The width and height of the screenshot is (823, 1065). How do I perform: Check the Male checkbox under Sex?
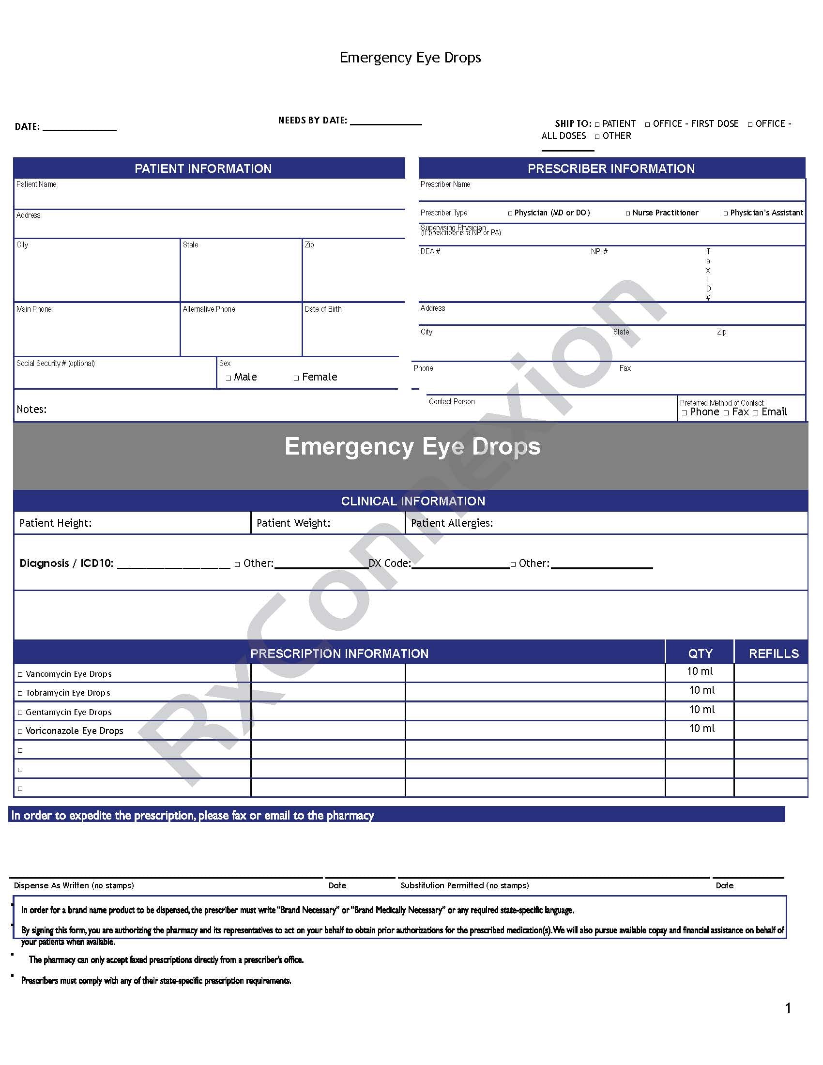228,378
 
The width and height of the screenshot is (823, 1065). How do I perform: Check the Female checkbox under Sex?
296,378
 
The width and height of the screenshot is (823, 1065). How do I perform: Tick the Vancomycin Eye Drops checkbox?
20,674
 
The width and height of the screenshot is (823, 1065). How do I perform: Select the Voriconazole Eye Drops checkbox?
20,731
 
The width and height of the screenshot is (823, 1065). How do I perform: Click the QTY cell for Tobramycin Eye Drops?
701,690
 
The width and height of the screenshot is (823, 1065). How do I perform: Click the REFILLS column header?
773,654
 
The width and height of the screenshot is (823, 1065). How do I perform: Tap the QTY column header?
700,654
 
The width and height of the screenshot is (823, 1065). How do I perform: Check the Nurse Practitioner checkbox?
628,213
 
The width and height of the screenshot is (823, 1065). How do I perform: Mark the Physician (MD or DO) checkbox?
510,213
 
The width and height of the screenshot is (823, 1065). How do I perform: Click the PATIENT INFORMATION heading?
203,169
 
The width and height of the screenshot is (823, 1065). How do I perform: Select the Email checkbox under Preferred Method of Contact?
756,413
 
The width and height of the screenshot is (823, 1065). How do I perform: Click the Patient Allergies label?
452,523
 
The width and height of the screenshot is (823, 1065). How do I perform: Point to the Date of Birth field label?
323,309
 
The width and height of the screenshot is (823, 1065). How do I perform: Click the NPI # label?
599,252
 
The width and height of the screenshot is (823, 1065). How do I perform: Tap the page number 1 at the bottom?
788,1008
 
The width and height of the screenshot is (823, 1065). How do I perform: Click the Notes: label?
31,409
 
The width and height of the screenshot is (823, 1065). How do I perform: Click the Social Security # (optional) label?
56,363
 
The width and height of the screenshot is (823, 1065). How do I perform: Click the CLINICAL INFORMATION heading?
412,501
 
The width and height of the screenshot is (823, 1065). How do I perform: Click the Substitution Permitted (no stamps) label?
464,885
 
